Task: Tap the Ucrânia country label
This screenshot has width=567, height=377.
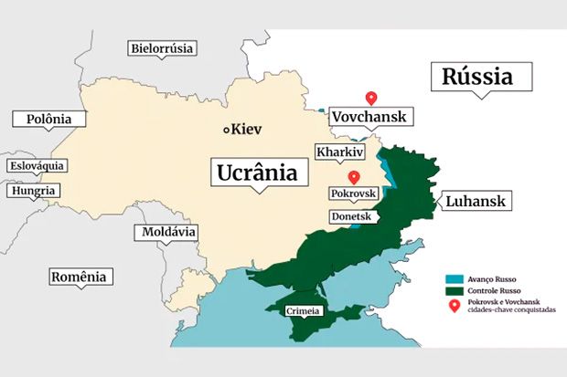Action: pos(258,172)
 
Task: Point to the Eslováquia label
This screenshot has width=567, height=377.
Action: pos(37,166)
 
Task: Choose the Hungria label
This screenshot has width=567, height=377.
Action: pos(33,191)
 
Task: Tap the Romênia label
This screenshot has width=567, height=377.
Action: pos(79,277)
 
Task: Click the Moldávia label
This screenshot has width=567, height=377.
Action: pos(169,233)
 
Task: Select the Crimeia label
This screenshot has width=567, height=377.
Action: pos(303,311)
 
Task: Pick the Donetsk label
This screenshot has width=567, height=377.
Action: pos(351,217)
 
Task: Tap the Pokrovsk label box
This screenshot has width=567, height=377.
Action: pos(352,194)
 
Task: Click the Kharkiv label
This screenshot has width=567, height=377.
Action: pos(339,152)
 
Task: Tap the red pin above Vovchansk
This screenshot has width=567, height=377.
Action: pos(370,98)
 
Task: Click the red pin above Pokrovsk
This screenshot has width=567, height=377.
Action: pos(353,177)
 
